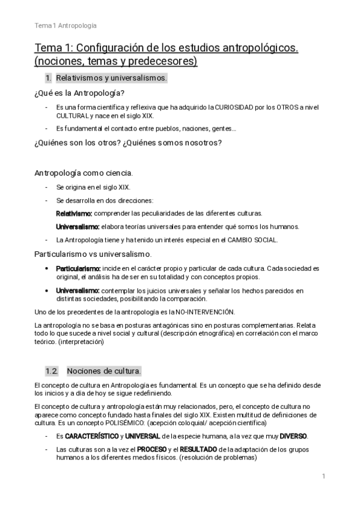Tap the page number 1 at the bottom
323,477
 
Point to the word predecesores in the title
164,61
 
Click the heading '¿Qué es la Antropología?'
79,93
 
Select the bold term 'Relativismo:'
75,214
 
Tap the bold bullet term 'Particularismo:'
78,268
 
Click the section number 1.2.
52,370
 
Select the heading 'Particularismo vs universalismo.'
93,254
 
